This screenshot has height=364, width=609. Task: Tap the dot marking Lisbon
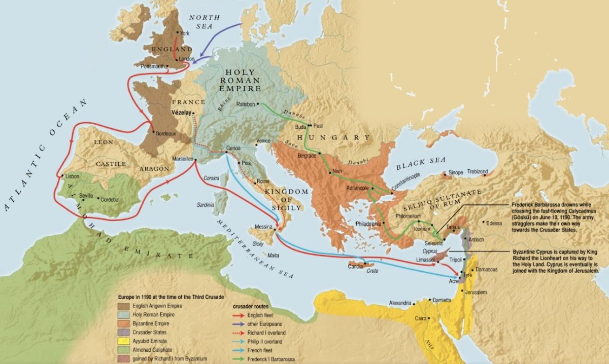(61, 176)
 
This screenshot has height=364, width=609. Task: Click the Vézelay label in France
(181, 113)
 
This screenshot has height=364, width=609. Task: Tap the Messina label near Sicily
(263, 226)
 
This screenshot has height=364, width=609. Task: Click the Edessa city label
(493, 223)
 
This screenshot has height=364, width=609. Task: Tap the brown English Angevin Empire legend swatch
(123, 306)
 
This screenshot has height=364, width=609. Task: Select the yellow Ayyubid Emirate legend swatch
(123, 341)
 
